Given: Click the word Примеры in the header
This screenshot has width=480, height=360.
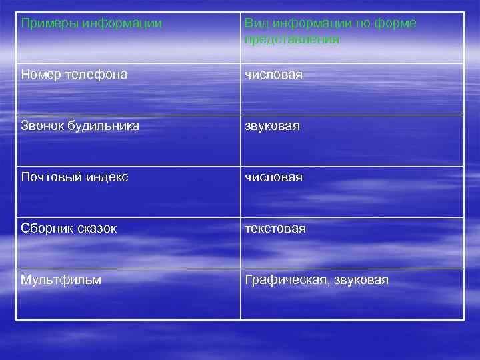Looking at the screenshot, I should pyautogui.click(x=49, y=24).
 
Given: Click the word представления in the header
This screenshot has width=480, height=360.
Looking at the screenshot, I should pyautogui.click(x=292, y=39).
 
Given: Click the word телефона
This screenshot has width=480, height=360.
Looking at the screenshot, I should pyautogui.click(x=95, y=75).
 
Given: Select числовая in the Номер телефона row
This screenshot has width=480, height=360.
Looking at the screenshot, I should pyautogui.click(x=273, y=75).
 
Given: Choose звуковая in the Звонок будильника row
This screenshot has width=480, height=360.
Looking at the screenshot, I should pyautogui.click(x=273, y=126).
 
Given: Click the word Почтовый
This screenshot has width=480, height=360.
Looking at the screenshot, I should pyautogui.click(x=48, y=177).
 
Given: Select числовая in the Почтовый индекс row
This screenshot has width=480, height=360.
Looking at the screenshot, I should pyautogui.click(x=273, y=177).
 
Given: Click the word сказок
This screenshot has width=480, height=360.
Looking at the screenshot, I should pyautogui.click(x=95, y=229).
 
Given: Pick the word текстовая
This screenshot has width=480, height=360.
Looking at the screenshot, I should pyautogui.click(x=275, y=229).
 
